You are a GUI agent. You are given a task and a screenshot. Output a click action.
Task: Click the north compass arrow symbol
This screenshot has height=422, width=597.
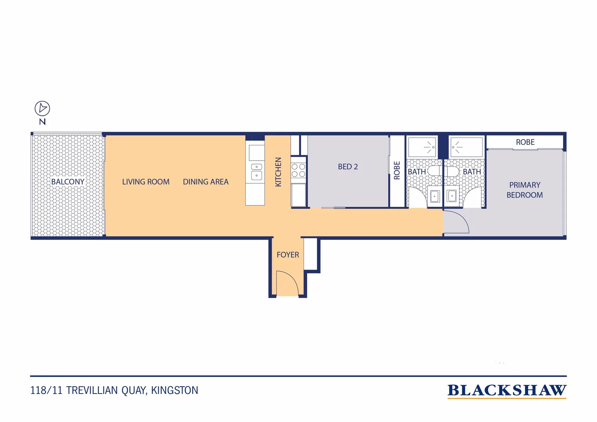42,108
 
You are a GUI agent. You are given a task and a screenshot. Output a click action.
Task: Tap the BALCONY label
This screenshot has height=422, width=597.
68,182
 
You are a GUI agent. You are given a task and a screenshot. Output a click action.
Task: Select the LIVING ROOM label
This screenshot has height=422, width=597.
146,182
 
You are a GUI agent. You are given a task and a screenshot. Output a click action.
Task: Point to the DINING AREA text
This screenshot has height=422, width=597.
206,182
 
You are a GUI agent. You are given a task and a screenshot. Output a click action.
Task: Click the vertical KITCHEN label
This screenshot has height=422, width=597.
278,172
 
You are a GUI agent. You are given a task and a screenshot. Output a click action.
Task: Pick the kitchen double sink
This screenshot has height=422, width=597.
256,171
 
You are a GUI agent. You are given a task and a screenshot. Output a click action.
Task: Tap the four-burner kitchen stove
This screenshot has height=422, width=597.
298,170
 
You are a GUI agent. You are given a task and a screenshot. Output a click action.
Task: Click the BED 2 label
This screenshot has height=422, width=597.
348,167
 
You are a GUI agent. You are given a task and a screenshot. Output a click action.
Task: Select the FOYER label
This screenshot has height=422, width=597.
288,255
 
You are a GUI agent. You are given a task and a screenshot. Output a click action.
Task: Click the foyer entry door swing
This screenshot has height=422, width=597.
287,282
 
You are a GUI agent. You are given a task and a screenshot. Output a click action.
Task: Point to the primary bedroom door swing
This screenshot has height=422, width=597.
456,222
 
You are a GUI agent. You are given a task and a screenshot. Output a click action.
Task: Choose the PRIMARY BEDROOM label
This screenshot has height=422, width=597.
525,190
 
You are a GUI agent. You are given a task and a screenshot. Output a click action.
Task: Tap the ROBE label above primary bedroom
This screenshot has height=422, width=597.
525,142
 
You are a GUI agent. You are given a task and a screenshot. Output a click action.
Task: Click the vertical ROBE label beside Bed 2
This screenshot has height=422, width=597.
397,171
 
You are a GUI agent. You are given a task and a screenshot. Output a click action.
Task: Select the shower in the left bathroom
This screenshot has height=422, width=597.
422,147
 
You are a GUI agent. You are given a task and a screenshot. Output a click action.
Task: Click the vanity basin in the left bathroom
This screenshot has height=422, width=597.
434,196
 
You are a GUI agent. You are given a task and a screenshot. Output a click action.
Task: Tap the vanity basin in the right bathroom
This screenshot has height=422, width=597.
452,196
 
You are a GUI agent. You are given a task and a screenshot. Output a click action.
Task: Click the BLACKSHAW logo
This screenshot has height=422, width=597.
507,390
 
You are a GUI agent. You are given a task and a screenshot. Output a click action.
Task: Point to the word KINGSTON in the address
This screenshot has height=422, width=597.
175,390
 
